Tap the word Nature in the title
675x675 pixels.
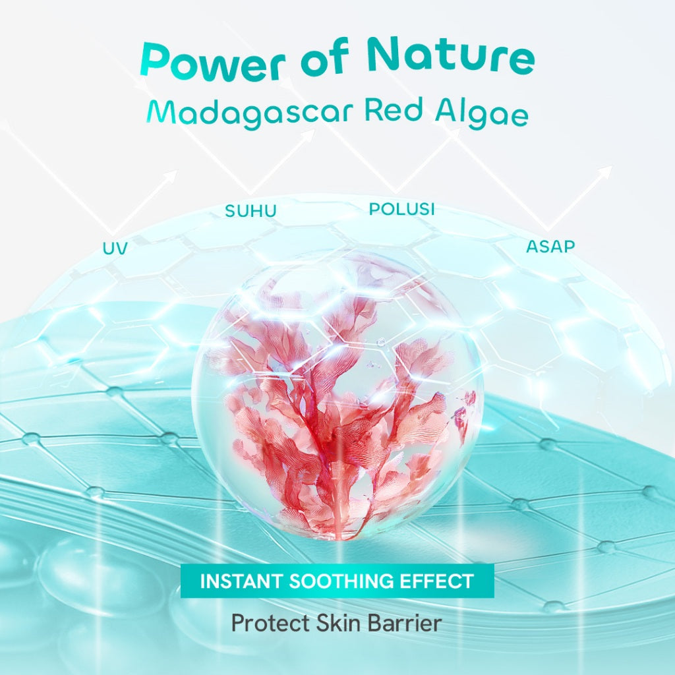(x=450, y=57)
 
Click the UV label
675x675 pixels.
(x=115, y=249)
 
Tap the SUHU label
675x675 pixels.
(x=250, y=212)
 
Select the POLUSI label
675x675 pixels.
(x=402, y=209)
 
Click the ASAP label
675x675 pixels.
(x=550, y=247)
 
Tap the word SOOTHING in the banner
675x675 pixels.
(x=343, y=581)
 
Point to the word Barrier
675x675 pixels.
(x=409, y=623)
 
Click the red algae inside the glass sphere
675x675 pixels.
(x=330, y=409)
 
